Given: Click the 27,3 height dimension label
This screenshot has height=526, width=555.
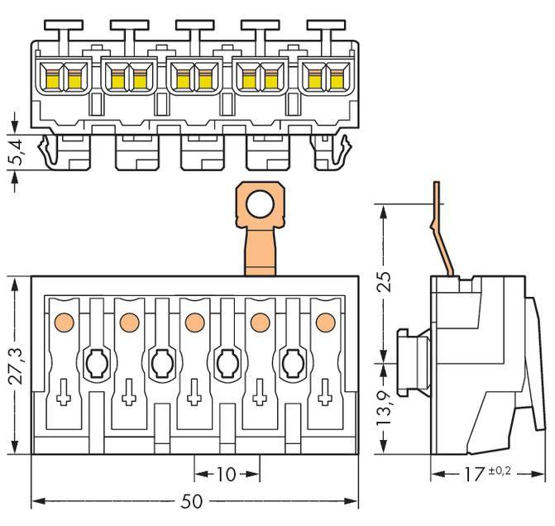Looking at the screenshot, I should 14,365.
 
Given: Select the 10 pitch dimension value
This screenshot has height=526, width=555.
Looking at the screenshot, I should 226,474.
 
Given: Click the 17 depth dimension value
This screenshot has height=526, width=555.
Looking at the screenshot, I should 473,475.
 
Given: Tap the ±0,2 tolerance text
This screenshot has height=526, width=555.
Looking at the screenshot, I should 500,470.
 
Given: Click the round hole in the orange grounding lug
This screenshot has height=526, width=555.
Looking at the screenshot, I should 260,203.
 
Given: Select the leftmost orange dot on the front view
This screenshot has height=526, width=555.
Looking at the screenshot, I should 63,321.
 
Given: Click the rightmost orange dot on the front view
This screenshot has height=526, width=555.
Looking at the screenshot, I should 325,321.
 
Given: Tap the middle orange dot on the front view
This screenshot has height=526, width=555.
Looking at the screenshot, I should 194,321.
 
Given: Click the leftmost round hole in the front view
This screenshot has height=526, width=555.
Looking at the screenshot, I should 95,361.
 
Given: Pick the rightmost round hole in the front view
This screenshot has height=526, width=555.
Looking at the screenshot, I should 293,361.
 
